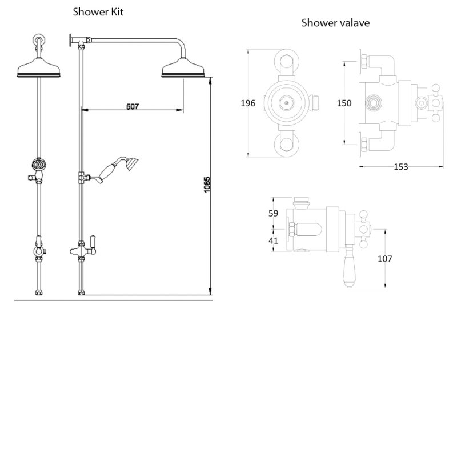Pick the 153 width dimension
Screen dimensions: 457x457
coord(401,166)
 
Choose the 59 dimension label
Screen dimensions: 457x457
coord(273,214)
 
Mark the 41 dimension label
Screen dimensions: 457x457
coord(273,240)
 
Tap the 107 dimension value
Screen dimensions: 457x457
coord(385,259)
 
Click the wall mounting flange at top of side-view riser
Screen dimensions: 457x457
coord(71,41)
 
